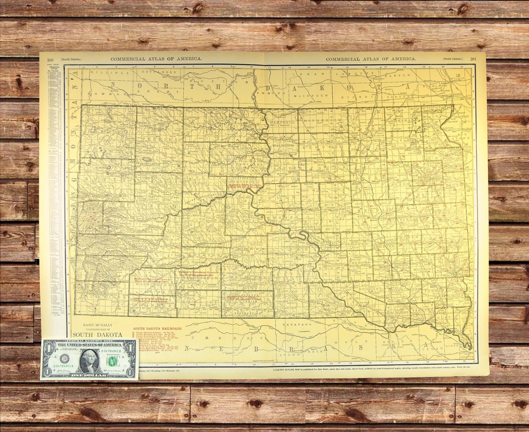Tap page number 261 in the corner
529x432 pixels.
pyautogui.click(x=473, y=59)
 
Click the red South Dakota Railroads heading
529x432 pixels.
pyautogui.click(x=158, y=328)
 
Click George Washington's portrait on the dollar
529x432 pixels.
pyautogui.click(x=89, y=360)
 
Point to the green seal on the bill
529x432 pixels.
pyautogui.click(x=113, y=361)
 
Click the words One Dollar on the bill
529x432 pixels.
pyautogui.click(x=89, y=375)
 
